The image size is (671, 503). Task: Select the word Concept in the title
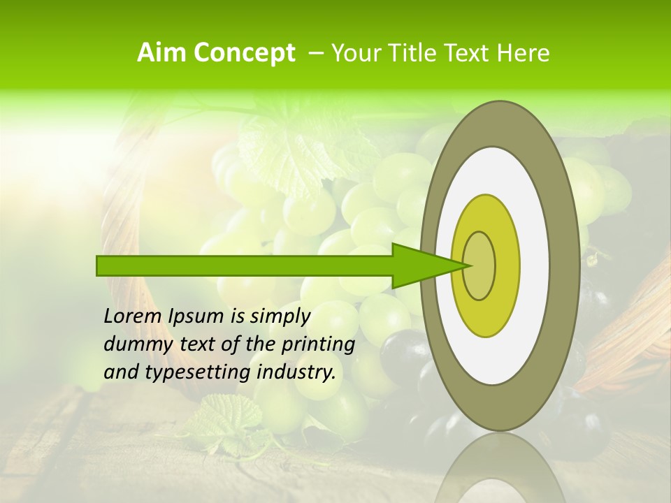tap(243, 53)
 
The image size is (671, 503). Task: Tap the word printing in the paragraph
tap(318, 344)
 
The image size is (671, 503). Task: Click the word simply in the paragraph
tap(280, 316)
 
